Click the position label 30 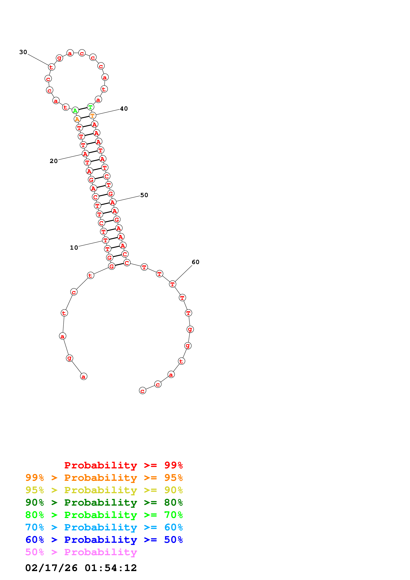pos(23,52)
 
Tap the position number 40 pos(124,109)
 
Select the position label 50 pos(144,195)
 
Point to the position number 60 pos(195,262)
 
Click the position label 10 pos(74,248)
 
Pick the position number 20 pos(54,161)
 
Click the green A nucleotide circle pos(75,111)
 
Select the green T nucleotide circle pos(90,107)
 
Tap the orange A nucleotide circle pos(77,119)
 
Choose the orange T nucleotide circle pos(92,115)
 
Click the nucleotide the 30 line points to pos(51,67)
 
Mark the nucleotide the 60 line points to pos(172,284)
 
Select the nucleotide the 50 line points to pos(113,202)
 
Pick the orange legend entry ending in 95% pos(104,478)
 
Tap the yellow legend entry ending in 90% pos(104,490)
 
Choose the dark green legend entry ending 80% pos(104,502)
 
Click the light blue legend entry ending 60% pos(104,527)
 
